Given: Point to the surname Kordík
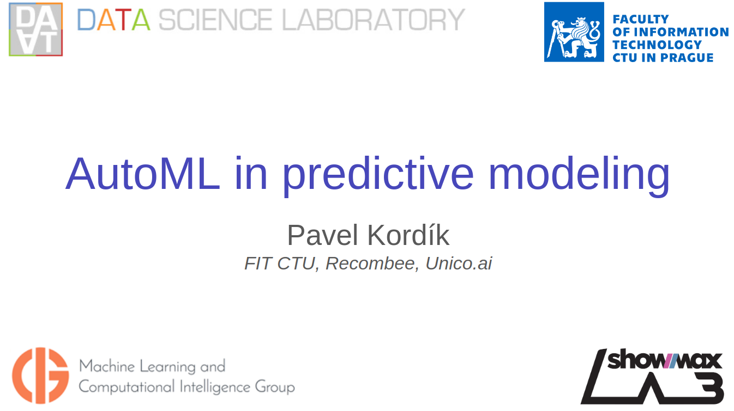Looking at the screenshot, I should (x=408, y=235).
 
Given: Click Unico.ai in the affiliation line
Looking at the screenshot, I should (x=459, y=263).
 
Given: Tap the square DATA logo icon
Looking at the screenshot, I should (x=35, y=29).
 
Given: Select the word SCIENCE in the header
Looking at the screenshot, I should (x=215, y=20).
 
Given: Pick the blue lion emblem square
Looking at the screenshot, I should (x=574, y=32).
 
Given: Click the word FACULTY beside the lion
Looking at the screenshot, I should (x=641, y=19).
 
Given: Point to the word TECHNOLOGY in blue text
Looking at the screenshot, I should (x=657, y=45).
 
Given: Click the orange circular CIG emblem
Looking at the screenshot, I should (x=40, y=376).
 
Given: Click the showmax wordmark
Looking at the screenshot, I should (x=664, y=360).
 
